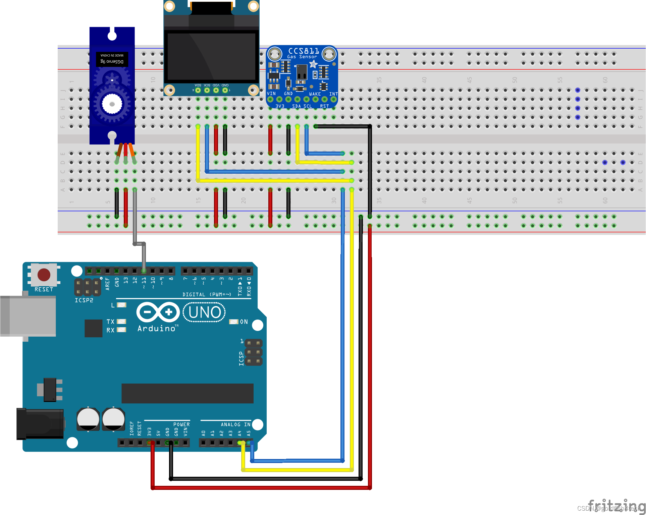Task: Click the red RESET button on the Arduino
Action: [44, 275]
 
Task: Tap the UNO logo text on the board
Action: [204, 312]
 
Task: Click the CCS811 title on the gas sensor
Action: [304, 51]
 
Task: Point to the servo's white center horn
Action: [112, 104]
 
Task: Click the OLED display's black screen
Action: [211, 56]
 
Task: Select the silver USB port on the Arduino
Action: [28, 316]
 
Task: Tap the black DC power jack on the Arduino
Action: [40, 424]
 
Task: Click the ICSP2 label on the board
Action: [84, 300]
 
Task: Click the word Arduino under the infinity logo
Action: [157, 329]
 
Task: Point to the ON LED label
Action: [244, 322]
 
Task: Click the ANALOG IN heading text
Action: [235, 424]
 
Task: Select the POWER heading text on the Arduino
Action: [181, 424]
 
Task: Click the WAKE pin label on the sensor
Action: [315, 94]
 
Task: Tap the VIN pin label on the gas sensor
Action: [271, 94]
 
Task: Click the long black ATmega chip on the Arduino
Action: [187, 393]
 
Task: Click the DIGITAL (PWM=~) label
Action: [207, 294]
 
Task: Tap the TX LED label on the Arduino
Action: [110, 322]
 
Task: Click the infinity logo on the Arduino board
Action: [158, 312]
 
